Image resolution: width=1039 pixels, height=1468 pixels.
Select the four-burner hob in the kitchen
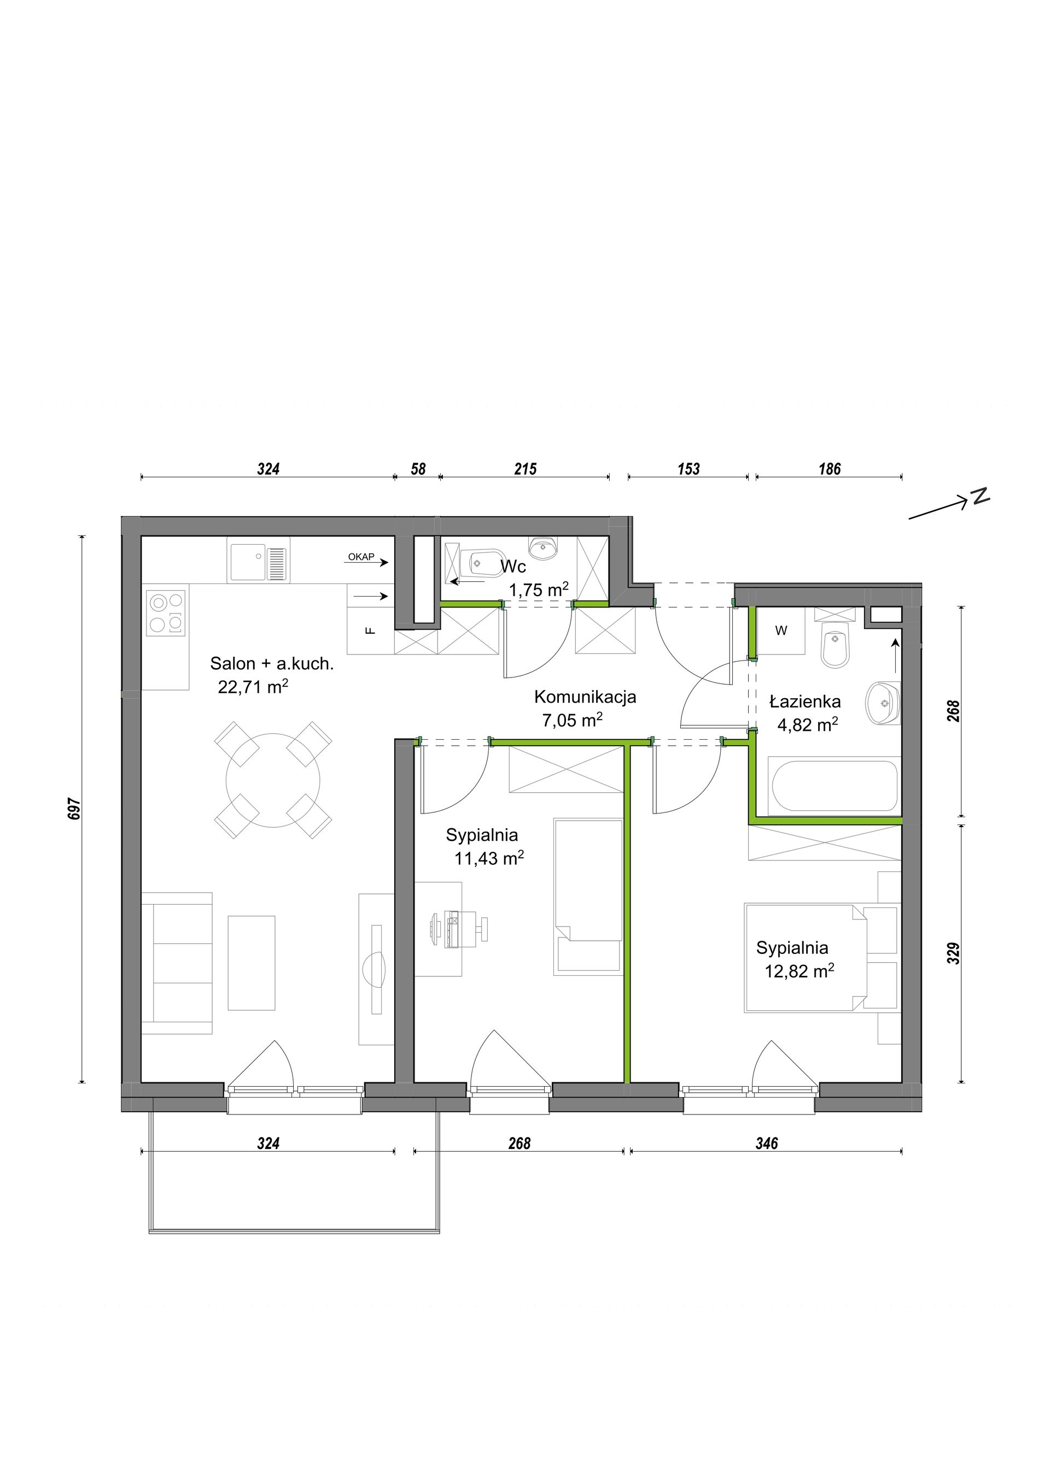[166, 612]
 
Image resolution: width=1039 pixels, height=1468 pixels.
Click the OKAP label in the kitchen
[361, 557]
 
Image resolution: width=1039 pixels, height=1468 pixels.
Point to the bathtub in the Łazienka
[835, 786]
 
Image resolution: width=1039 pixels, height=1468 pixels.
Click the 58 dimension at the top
[418, 469]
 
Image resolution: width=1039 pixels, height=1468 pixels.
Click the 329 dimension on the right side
[953, 953]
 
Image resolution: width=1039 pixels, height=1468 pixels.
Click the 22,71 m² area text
[253, 687]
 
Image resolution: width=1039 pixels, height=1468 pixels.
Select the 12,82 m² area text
[799, 971]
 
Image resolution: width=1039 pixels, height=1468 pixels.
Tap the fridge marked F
[370, 630]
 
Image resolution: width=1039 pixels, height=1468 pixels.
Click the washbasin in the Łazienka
[883, 703]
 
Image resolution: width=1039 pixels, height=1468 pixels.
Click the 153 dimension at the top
[688, 469]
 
